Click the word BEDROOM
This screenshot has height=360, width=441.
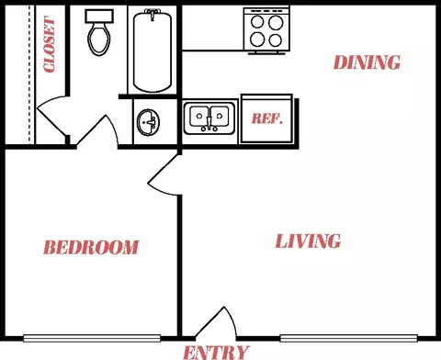(91, 247)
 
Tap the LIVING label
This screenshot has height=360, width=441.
(308, 242)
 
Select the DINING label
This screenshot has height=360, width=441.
(367, 62)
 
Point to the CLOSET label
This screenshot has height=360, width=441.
(50, 45)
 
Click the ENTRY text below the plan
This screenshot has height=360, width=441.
(216, 353)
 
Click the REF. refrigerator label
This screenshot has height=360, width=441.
(266, 118)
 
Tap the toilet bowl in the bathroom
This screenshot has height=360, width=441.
(99, 39)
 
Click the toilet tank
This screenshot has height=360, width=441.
(99, 17)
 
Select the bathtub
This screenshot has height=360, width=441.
(153, 51)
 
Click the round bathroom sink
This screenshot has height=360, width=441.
(148, 122)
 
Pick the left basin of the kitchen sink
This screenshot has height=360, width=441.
(199, 117)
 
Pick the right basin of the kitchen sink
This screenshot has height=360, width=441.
(220, 117)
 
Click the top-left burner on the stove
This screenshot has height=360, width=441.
(257, 22)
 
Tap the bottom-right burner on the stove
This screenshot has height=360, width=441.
(276, 40)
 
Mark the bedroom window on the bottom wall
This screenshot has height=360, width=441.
(92, 338)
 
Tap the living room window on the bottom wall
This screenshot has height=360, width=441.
(349, 338)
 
